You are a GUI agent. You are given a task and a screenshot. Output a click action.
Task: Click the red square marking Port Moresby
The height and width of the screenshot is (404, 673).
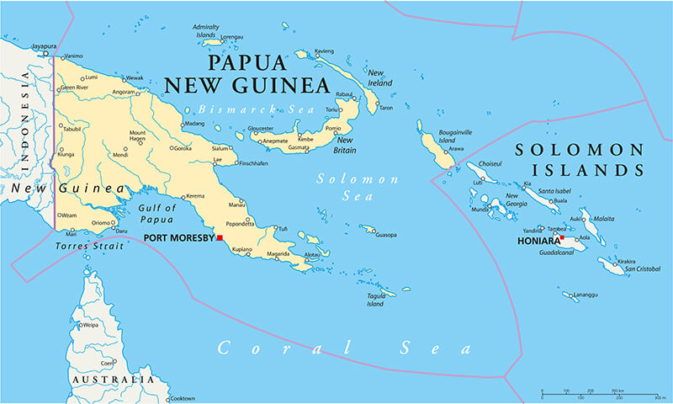coord(220,238)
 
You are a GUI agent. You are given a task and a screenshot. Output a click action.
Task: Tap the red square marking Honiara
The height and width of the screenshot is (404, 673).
coord(562,239)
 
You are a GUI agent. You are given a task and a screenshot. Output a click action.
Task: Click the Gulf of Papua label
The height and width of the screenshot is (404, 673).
coord(158,214)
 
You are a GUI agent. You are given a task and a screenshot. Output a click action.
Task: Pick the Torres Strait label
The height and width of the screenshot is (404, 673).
coord(89,247)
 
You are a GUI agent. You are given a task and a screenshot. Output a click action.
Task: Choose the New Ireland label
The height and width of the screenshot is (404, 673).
coord(380,78)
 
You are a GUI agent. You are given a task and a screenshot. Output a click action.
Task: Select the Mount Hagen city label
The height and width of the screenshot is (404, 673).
coord(137,138)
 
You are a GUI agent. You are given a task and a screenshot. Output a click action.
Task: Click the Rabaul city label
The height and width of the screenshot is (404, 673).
coord(344,94)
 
